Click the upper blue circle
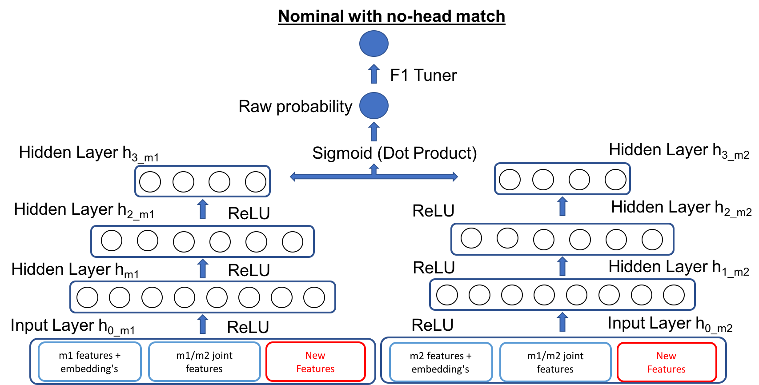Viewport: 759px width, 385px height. [373, 44]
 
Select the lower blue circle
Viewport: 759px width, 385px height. [373, 105]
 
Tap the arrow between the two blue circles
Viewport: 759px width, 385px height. [374, 74]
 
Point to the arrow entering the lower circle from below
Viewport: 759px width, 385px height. [374, 132]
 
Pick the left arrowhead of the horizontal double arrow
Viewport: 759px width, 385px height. [293, 177]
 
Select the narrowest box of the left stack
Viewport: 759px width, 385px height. [202, 181]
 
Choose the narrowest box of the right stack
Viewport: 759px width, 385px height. [562, 179]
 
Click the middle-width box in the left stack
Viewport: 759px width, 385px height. [202, 241]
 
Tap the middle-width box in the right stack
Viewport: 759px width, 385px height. [562, 239]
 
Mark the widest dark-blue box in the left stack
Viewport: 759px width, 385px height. [202, 297]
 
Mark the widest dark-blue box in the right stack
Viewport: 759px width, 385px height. [562, 294]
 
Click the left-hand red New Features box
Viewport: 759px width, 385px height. [315, 362]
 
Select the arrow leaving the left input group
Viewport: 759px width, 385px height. [203, 324]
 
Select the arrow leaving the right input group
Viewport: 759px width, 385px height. [562, 322]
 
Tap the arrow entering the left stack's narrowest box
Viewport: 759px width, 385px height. [203, 209]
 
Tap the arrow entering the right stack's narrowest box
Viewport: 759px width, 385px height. [562, 206]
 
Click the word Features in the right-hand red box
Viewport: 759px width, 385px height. [666, 369]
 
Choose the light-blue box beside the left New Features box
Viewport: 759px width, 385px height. [204, 362]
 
